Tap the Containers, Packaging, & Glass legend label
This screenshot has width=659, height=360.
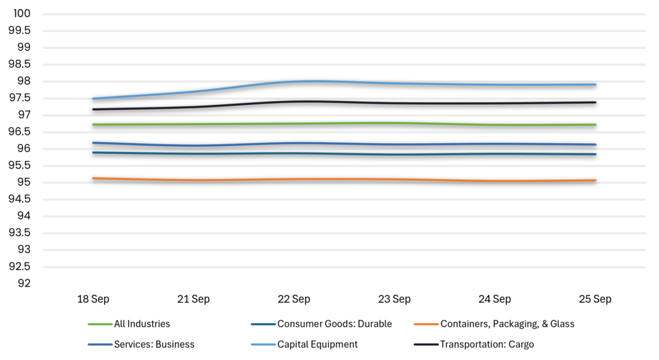click(507, 324)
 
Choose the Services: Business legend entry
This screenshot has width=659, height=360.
click(154, 345)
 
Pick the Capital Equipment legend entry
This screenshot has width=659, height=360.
click(317, 345)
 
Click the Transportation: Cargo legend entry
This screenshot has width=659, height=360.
click(487, 345)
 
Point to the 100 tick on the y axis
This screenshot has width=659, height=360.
click(22, 14)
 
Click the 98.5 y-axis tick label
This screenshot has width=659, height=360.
click(20, 64)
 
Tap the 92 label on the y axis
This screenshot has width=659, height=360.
click(24, 283)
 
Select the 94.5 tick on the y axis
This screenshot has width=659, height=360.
click(20, 199)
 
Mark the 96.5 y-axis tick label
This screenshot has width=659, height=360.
click(20, 131)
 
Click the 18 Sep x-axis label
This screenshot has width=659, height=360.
click(93, 299)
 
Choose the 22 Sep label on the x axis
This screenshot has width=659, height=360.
click(293, 299)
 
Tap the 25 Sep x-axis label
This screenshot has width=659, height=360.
click(595, 299)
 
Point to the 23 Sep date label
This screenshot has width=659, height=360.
click(394, 299)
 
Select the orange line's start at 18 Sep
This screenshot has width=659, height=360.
click(93, 178)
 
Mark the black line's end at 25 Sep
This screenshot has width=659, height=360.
click(595, 102)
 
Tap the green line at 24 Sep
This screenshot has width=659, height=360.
click(495, 125)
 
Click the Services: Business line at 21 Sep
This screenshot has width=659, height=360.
click(193, 146)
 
